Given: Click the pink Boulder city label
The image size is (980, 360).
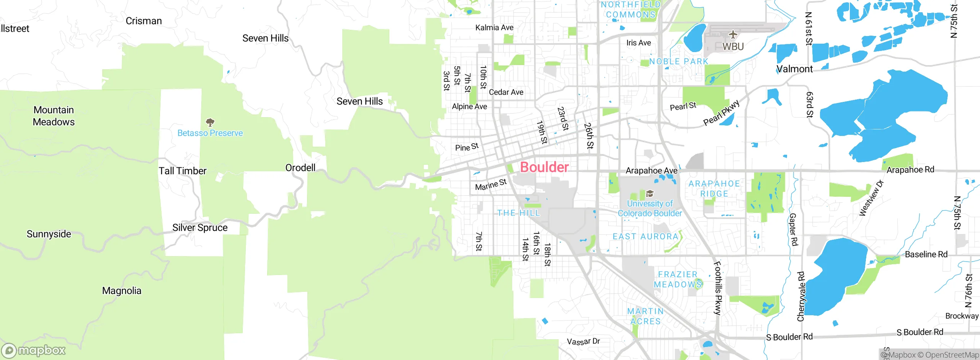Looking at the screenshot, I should coord(544,167).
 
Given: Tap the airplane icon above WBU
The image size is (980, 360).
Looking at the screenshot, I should coord(733,35).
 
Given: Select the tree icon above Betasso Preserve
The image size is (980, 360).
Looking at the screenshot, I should coord(210,123).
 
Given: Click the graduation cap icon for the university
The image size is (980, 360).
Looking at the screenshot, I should coord(650,194).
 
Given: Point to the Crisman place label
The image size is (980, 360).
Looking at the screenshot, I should coord(144,21).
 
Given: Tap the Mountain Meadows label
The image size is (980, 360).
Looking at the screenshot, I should coord(54,116).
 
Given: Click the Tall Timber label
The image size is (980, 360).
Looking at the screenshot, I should coord(183,171).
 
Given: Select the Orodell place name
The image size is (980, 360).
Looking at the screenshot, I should coord(301,168).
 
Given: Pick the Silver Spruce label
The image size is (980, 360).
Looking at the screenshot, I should coord(200,228).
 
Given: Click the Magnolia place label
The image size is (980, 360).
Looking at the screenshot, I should coord(122,291).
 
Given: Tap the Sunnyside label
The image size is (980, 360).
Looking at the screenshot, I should coord(49,234).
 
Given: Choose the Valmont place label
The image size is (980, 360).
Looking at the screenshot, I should coord(794,69).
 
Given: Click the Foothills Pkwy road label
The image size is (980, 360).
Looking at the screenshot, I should coord(718,288).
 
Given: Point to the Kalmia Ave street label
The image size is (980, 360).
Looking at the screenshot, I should coord(494,28).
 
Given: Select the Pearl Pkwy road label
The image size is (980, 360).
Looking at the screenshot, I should coord(721,113).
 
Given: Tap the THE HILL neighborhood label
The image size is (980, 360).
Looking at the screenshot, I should coord(518,213).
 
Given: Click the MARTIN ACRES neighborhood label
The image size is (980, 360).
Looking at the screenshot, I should coord(645,316).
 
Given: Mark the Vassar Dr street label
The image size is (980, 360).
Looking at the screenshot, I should coord(583,341).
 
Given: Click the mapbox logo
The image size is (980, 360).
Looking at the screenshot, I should coord(34,350).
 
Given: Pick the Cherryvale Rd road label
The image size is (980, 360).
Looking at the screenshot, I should coord(801,296).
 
